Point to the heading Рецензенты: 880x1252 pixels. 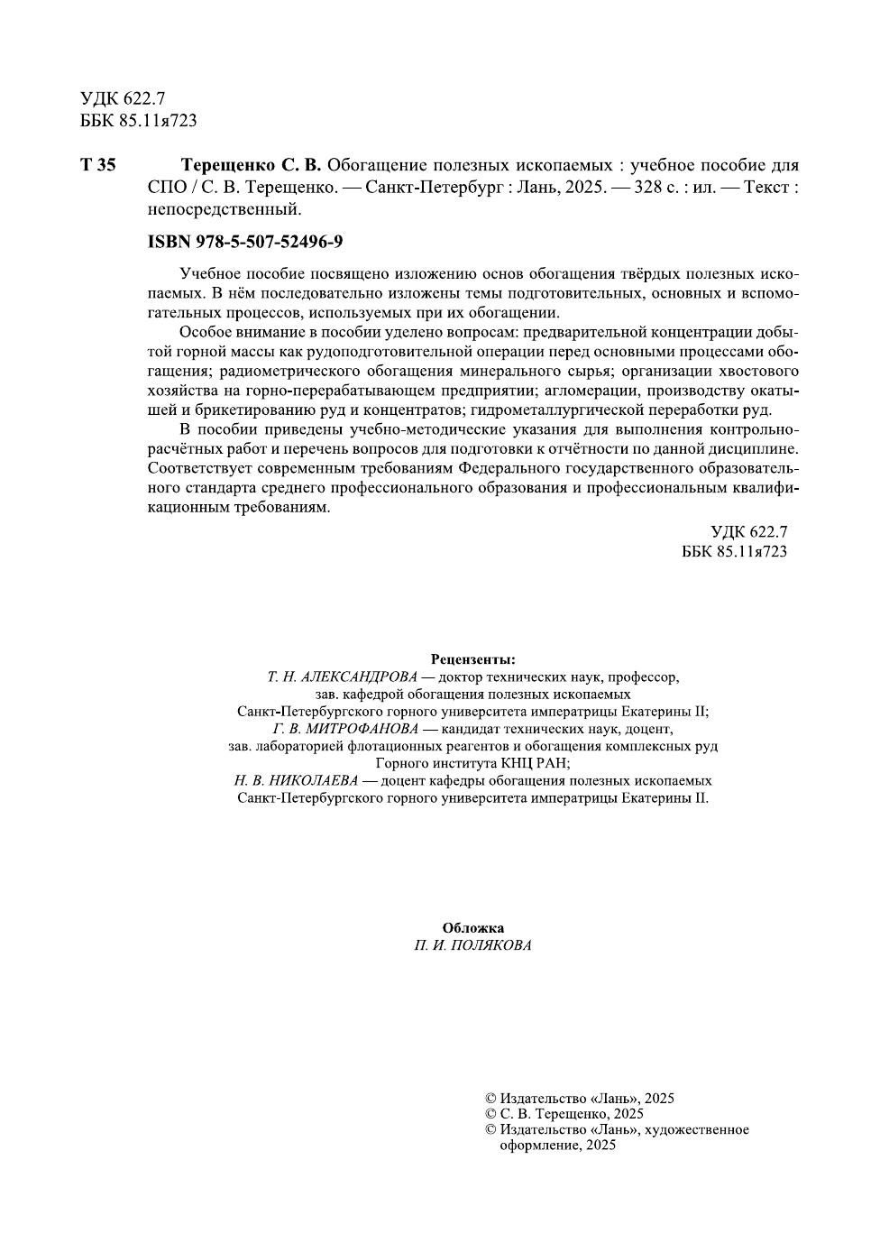472,659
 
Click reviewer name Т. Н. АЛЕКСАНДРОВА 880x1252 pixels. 343,677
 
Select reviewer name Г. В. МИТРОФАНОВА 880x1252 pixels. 345,728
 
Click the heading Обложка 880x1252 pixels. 472,927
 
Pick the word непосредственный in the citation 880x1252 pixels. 223,209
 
